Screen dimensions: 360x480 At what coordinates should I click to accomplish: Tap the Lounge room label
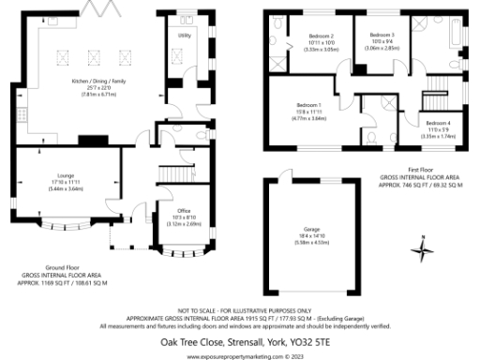[65, 177]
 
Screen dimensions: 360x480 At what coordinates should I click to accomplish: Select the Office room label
[178, 211]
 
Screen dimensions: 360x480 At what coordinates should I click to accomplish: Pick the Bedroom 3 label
[381, 35]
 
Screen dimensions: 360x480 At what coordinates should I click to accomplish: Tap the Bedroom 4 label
[437, 123]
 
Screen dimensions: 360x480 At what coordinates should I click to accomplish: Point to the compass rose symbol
[423, 249]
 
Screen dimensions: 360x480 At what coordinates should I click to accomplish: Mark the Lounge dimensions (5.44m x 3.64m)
[65, 188]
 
